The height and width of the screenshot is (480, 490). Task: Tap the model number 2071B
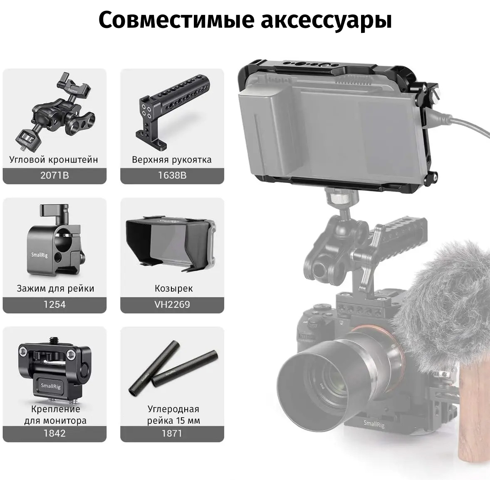click(x=54, y=175)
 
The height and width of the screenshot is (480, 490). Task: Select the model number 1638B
click(x=172, y=175)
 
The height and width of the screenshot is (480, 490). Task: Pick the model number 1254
click(x=54, y=304)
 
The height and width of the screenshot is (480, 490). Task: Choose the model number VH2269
click(x=172, y=304)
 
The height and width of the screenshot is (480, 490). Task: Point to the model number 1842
click(x=54, y=433)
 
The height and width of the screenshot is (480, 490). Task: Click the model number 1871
click(x=172, y=433)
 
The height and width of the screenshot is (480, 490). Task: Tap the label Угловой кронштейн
click(x=54, y=160)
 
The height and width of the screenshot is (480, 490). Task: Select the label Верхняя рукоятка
click(x=172, y=160)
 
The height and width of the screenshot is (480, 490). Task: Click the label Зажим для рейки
click(x=55, y=288)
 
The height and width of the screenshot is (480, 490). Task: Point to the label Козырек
click(x=174, y=288)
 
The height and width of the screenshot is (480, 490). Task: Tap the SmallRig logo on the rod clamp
click(x=40, y=255)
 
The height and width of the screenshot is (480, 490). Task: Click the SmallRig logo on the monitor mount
click(x=51, y=386)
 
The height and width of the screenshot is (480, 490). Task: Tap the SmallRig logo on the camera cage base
click(x=374, y=424)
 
